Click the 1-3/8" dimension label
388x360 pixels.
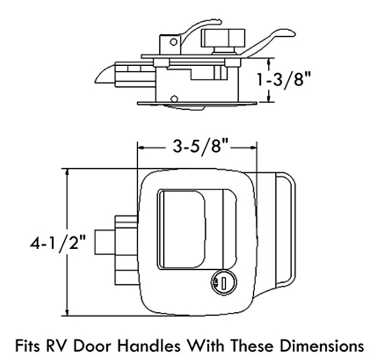(284, 81)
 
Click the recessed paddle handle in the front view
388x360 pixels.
(182, 229)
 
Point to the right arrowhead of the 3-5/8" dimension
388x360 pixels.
(253, 147)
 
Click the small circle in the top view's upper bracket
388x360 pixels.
(173, 41)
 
